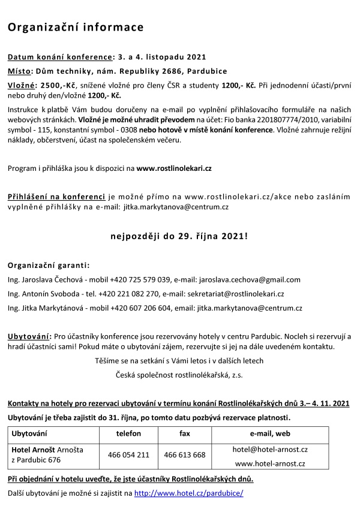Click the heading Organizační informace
(76, 27)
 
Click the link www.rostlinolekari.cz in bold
(174, 168)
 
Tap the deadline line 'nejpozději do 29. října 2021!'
(179, 236)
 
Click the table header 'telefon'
(128, 433)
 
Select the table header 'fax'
(184, 433)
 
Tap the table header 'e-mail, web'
(271, 433)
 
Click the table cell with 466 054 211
(128, 455)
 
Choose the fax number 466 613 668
(184, 455)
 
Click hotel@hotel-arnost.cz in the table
(270, 449)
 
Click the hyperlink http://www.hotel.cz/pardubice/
(189, 493)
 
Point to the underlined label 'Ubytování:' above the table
(29, 336)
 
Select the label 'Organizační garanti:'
(49, 265)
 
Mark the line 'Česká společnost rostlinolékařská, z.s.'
(179, 375)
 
